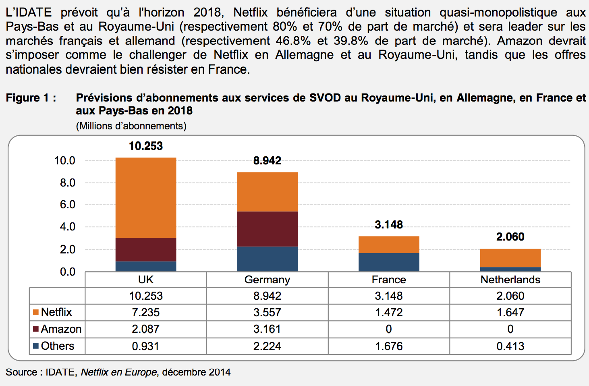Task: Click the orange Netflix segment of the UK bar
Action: click(146, 197)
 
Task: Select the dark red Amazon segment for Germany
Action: click(267, 228)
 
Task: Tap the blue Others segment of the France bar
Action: click(389, 262)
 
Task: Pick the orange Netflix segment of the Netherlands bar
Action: click(510, 258)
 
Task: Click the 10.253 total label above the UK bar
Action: click(146, 146)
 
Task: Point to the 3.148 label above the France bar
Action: click(389, 224)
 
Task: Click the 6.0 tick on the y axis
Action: click(67, 205)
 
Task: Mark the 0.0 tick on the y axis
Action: click(67, 272)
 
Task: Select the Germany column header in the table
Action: click(267, 280)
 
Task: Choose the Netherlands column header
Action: click(510, 280)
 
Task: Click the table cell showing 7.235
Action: click(146, 312)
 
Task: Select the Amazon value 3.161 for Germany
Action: click(267, 329)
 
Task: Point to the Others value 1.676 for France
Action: click(389, 346)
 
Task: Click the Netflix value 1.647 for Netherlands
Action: click(510, 312)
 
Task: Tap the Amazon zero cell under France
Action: click(389, 329)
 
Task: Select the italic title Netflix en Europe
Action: click(118, 372)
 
